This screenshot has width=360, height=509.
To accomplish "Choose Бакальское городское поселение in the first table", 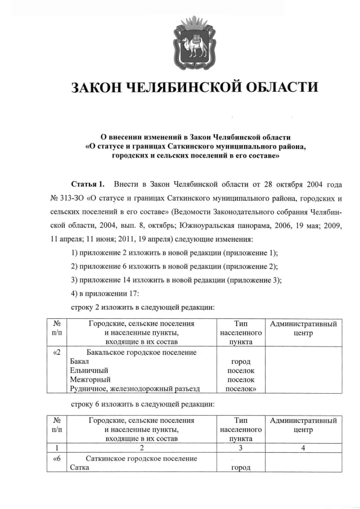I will tap(141, 352).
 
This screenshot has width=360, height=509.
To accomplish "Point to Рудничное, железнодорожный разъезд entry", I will tap(135, 388).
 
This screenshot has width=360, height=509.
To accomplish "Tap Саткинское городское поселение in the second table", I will tap(141, 458).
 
